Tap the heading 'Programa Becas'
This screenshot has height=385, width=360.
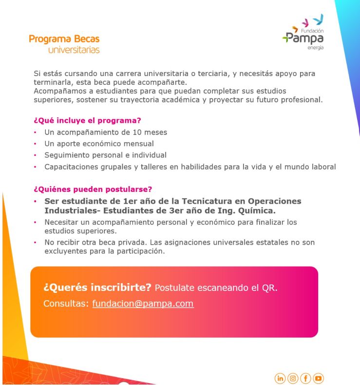64,39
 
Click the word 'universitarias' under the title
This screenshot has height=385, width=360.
74,50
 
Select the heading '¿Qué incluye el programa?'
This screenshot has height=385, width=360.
87,120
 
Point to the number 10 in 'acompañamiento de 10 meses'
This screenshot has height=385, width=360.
137,132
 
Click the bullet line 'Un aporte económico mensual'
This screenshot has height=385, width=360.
99,144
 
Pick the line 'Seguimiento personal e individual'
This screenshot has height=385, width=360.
105,155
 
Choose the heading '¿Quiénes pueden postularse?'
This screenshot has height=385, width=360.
93,189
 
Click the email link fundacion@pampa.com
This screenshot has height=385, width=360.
143,304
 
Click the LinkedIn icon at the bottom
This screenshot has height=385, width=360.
280,378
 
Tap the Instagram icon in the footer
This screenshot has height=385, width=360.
293,378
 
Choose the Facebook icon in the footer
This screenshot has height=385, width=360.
305,378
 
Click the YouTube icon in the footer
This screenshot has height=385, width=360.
318,378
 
